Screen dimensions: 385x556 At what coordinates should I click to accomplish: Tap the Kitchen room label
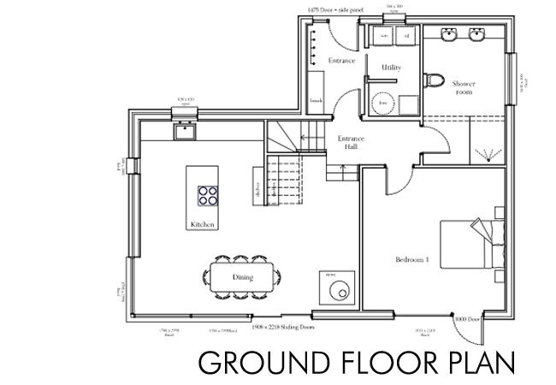(x=203, y=224)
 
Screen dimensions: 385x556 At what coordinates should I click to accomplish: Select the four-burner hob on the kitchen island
(x=208, y=196)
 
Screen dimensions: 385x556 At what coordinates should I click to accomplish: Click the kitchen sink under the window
(x=184, y=132)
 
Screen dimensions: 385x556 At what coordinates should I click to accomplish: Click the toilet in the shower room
(x=435, y=82)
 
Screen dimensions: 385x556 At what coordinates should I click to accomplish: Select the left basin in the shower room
(x=450, y=35)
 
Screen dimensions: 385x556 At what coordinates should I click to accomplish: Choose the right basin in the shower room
(x=477, y=35)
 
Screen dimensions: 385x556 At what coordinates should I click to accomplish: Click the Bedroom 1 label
(x=411, y=258)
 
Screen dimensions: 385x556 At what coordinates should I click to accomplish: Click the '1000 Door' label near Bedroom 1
(x=472, y=318)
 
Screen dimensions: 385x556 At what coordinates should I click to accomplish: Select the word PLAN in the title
(x=475, y=363)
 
